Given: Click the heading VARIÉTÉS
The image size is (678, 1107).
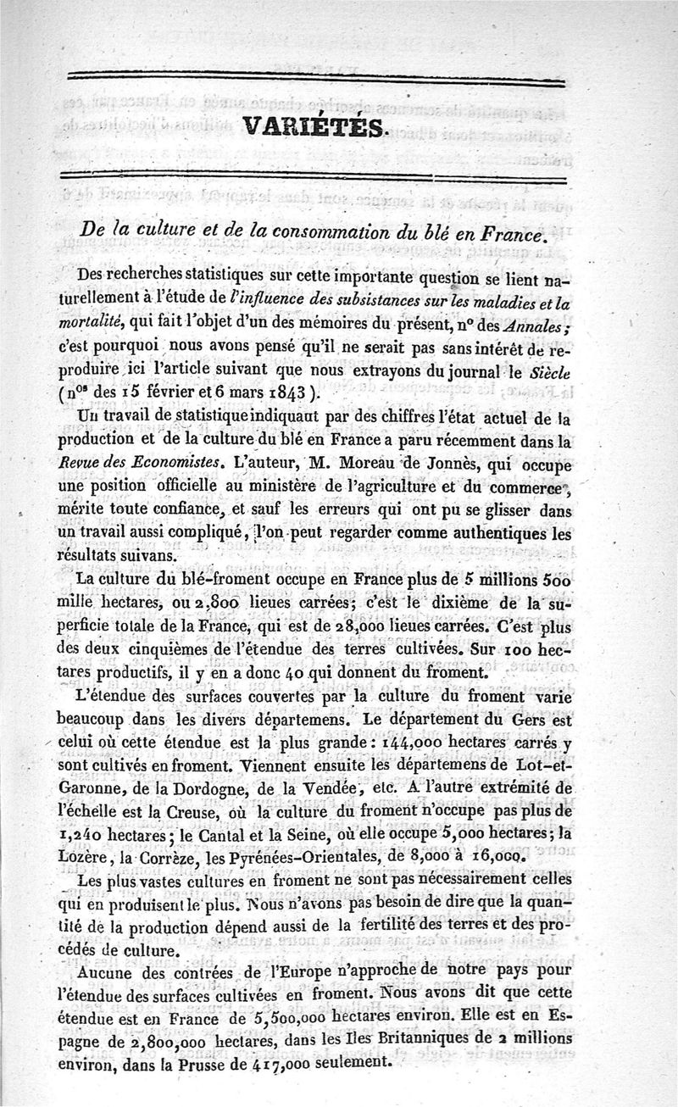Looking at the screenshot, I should pos(314,127).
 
